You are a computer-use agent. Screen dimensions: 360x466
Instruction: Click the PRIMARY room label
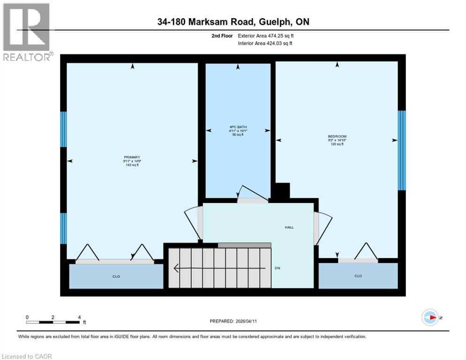(x=132, y=157)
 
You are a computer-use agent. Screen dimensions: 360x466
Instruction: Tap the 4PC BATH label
(x=238, y=127)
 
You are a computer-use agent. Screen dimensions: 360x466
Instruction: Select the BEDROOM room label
(x=337, y=136)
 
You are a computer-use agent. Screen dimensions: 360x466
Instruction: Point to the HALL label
(x=289, y=227)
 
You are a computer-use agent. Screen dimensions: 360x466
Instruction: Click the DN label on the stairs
(x=277, y=268)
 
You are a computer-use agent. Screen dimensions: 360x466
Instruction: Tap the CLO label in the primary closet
(x=116, y=277)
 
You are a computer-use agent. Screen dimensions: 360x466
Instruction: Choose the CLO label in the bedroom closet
(x=358, y=276)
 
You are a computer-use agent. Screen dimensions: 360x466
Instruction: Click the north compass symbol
(x=430, y=317)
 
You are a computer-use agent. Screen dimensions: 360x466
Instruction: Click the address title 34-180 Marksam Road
(x=233, y=22)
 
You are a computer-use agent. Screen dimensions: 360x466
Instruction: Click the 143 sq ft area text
(x=132, y=165)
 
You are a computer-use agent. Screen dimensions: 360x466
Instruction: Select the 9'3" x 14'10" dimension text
(x=337, y=140)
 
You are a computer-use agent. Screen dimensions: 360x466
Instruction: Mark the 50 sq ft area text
(x=238, y=135)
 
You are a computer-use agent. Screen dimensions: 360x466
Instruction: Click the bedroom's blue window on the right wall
(x=401, y=150)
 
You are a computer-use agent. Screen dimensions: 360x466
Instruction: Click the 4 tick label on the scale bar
(x=79, y=317)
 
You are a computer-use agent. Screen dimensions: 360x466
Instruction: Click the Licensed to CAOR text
(x=27, y=356)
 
